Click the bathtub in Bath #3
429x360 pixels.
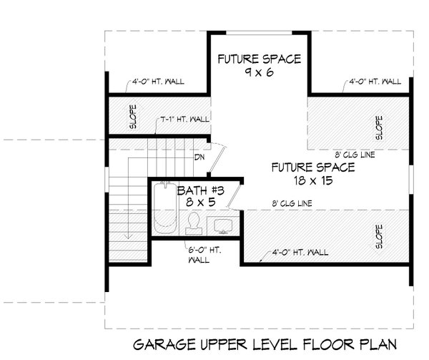pyautogui.click(x=164, y=210)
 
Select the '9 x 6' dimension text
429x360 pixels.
pyautogui.click(x=260, y=73)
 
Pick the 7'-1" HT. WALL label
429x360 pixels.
pyautogui.click(x=184, y=120)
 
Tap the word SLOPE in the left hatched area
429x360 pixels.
pyautogui.click(x=134, y=117)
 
